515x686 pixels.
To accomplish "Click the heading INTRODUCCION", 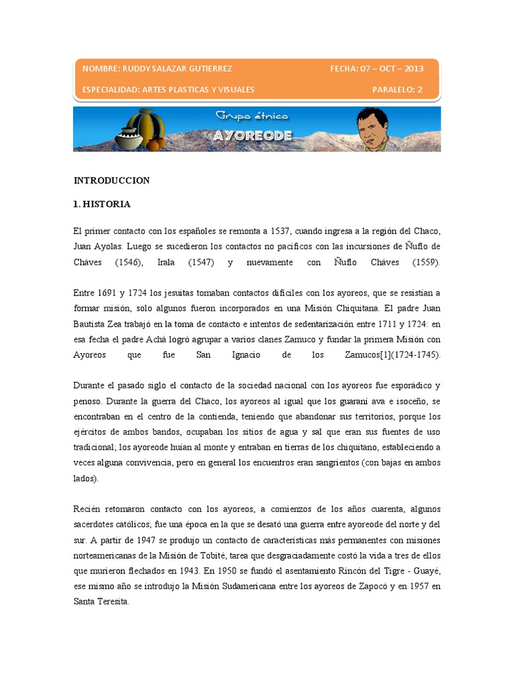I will [x=111, y=180].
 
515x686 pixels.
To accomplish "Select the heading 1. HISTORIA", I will [x=102, y=204].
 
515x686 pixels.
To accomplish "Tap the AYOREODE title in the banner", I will [x=253, y=135].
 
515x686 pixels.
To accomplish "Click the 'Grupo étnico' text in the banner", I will [x=251, y=117].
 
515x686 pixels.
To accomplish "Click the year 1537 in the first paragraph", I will [x=276, y=231].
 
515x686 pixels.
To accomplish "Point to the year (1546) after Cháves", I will [x=128, y=263].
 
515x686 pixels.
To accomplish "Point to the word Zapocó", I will [x=368, y=586].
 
